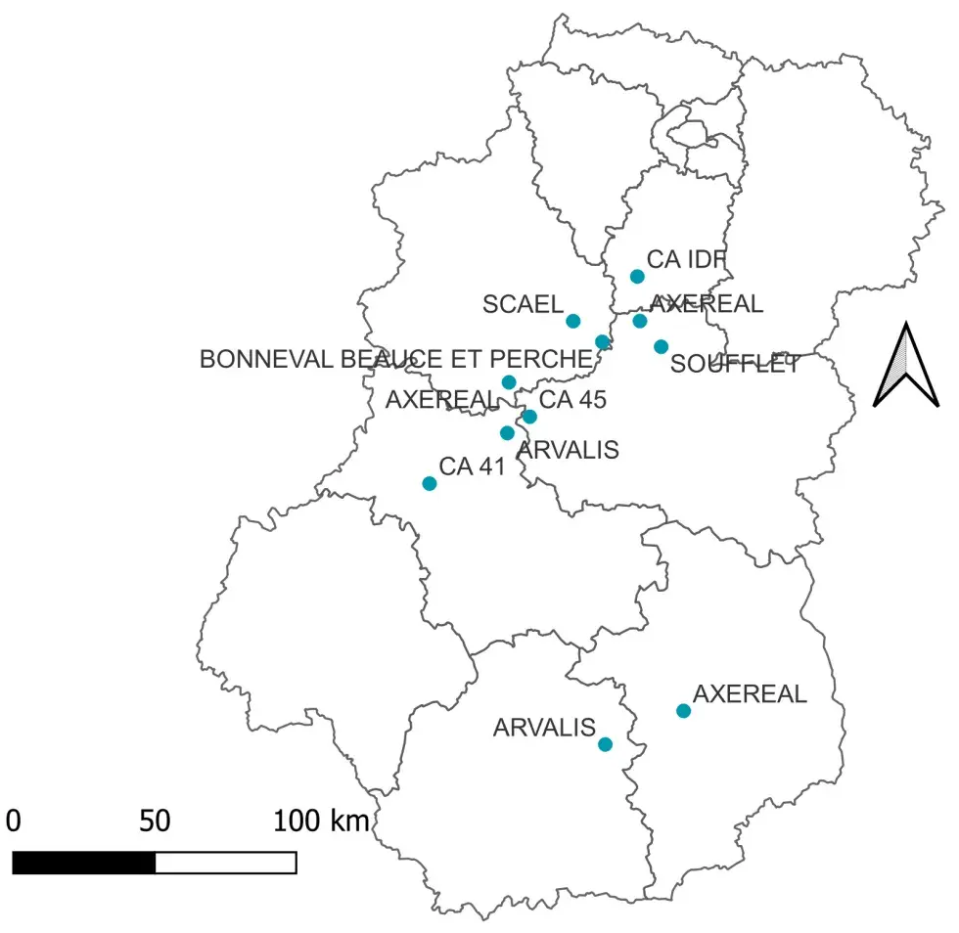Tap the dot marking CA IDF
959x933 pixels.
click(x=637, y=277)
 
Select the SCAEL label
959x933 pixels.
click(x=523, y=304)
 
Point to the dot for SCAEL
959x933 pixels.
click(x=573, y=321)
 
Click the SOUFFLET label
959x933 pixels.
click(x=735, y=365)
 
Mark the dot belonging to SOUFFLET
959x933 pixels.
click(x=662, y=346)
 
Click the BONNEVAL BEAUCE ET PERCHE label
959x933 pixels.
click(x=395, y=359)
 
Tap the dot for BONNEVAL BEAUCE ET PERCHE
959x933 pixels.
click(x=603, y=341)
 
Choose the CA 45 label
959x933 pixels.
click(x=573, y=399)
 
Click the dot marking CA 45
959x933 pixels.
click(x=529, y=417)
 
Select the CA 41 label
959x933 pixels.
click(x=472, y=466)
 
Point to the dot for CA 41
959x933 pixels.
click(x=429, y=483)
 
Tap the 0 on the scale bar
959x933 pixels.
click(x=13, y=821)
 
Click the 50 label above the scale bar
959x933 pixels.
click(x=155, y=821)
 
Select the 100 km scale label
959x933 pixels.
click(x=322, y=821)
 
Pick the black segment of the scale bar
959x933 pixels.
click(x=84, y=863)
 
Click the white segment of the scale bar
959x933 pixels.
click(x=226, y=863)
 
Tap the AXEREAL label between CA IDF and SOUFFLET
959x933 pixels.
click(x=706, y=304)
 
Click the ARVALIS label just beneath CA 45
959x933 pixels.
click(x=568, y=450)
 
